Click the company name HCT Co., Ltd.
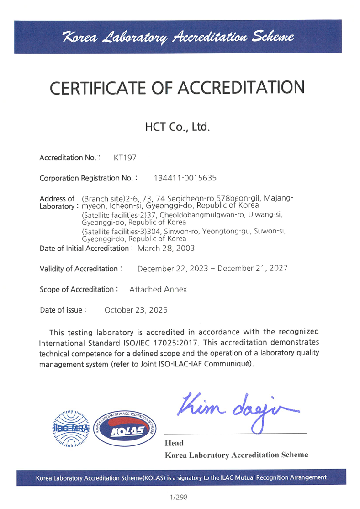[x=177, y=127]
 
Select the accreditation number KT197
[x=125, y=158]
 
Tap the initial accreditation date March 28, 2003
[x=166, y=248]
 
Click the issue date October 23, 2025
[x=136, y=310]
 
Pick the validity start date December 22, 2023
[x=173, y=268]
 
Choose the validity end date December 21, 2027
[x=252, y=268]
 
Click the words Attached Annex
[x=158, y=289]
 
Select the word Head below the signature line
[x=174, y=443]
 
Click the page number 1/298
[x=179, y=497]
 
